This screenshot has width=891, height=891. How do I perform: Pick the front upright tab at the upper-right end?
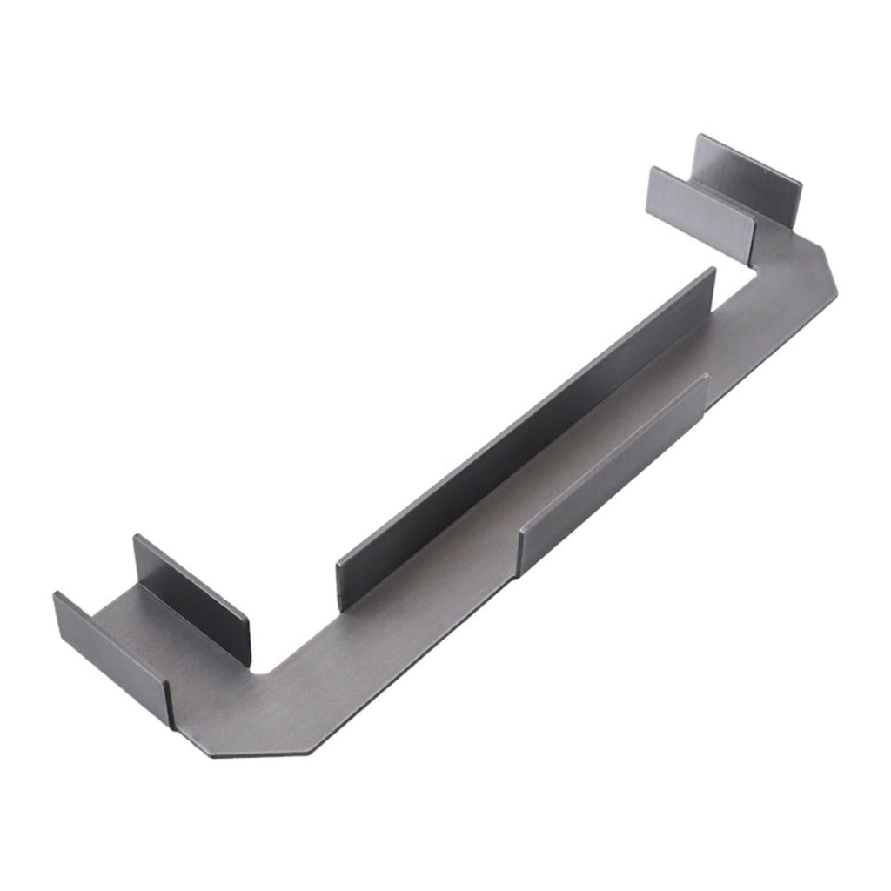point(701,213)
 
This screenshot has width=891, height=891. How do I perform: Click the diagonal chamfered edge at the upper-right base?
point(828,265)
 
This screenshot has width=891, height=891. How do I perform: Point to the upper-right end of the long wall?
point(711,278)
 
